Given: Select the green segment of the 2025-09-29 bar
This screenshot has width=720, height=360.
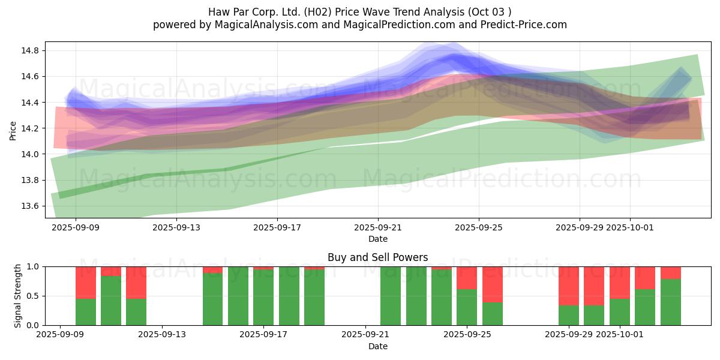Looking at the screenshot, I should coord(568,315).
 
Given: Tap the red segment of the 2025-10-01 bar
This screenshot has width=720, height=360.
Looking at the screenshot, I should coord(619,283).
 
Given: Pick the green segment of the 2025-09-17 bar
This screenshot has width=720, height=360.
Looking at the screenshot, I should coord(263,297).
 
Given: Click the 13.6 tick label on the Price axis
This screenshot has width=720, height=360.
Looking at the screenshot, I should coord(31,206).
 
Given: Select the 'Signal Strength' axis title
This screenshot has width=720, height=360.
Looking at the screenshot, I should coord(18,296).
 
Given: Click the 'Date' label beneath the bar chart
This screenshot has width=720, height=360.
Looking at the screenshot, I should coord(378,346).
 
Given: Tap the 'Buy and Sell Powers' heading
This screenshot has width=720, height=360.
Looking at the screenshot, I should coord(378,257).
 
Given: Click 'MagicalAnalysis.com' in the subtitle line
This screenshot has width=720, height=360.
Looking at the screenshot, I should coord(261,25).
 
